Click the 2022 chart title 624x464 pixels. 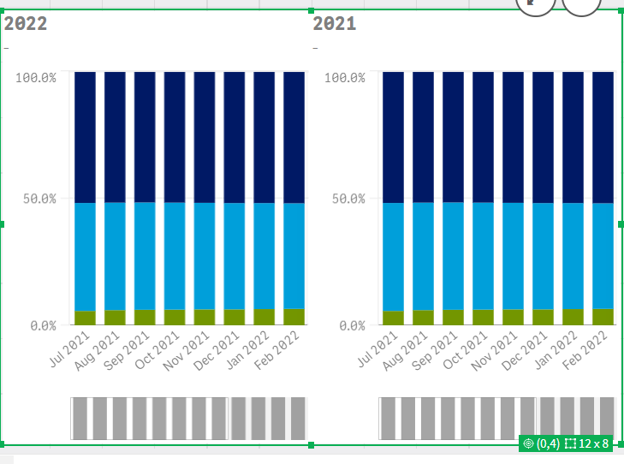(x=26, y=23)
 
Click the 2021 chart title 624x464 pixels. (x=335, y=23)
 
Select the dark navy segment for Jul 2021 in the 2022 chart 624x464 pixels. (x=85, y=137)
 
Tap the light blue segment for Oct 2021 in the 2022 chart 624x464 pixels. (x=175, y=256)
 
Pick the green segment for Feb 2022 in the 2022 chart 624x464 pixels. (x=294, y=317)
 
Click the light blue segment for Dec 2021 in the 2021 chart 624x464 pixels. (x=544, y=256)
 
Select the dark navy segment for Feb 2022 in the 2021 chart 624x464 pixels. (x=603, y=138)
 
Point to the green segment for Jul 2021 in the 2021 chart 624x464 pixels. (x=394, y=318)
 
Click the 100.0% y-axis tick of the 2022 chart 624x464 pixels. (x=36, y=78)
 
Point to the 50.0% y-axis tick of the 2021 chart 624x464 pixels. (x=348, y=199)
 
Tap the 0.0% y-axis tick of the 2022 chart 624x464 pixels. (x=44, y=326)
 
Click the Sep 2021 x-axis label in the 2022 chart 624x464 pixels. (x=127, y=351)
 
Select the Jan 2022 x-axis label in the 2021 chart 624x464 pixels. (x=556, y=350)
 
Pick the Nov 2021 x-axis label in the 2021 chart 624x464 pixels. (x=494, y=351)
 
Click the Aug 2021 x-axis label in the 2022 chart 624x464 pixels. (x=97, y=351)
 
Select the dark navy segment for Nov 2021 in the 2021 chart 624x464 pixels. (x=514, y=137)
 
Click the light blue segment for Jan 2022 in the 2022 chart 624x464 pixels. (x=264, y=256)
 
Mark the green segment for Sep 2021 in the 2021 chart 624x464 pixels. (x=454, y=317)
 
